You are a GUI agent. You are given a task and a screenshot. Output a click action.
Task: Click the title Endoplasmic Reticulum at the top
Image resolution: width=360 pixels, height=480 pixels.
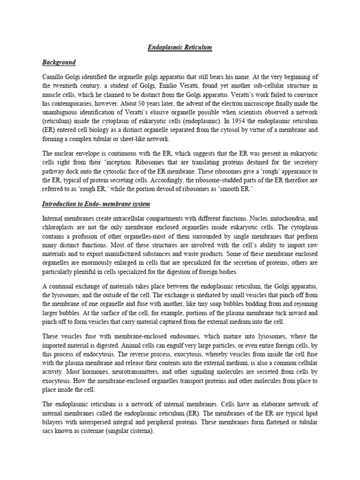click(x=180, y=47)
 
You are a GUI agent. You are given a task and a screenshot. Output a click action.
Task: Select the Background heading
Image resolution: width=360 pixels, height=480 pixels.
click(x=59, y=62)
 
